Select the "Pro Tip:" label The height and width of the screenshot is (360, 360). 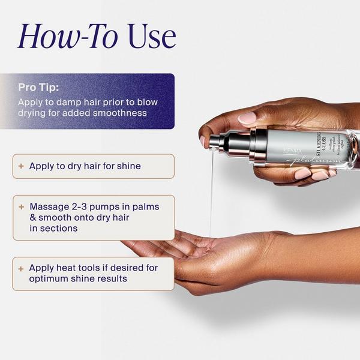[38, 88]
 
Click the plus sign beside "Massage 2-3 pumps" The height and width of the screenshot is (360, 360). [22, 206]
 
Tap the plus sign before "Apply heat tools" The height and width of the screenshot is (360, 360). [22, 268]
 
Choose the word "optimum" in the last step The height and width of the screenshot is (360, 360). [50, 279]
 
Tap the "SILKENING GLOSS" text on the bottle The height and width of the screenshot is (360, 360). [323, 142]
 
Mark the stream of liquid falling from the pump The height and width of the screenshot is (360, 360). [211, 192]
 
